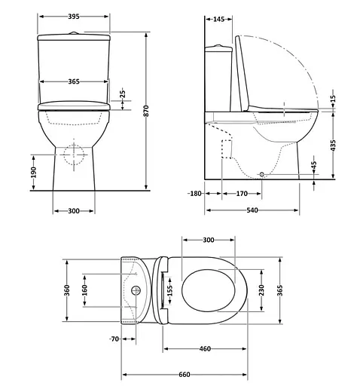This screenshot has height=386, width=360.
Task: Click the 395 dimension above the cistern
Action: pyautogui.click(x=74, y=16)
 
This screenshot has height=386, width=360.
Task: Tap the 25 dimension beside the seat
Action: pyautogui.click(x=123, y=94)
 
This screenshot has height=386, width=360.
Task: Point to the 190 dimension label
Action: pyautogui.click(x=34, y=173)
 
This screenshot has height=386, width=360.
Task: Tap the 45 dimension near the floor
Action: pyautogui.click(x=314, y=166)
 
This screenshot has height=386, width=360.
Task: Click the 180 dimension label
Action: pyautogui.click(x=195, y=194)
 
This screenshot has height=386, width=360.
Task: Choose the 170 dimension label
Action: pyautogui.click(x=242, y=194)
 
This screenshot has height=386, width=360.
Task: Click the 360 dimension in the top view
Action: pyautogui.click(x=66, y=290)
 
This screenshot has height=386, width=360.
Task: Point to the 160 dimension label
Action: pyautogui.click(x=85, y=290)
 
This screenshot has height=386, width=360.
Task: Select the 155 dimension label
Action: pyautogui.click(x=170, y=290)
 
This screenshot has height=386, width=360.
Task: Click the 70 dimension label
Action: pyautogui.click(x=114, y=339)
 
